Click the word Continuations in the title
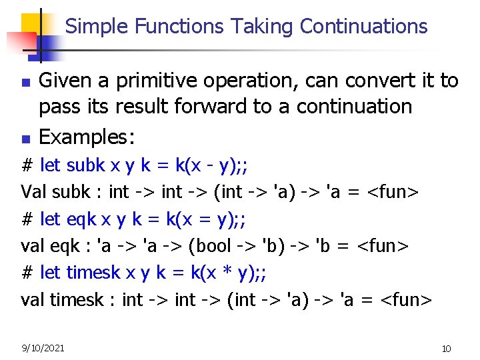point(363,26)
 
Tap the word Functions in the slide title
point(179,26)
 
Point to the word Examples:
point(87,137)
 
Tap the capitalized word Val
point(33,192)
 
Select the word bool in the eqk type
point(212,246)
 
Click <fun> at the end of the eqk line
point(383,246)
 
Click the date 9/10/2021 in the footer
point(43,348)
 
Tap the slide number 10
point(446,349)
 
